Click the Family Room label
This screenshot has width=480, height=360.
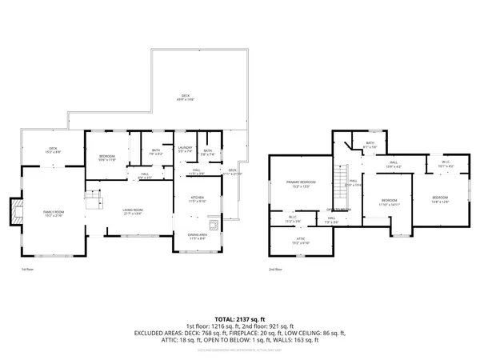click(x=54, y=212)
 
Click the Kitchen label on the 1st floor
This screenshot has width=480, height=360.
click(x=197, y=199)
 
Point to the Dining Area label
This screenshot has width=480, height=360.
click(x=197, y=236)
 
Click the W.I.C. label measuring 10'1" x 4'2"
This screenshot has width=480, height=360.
click(x=446, y=165)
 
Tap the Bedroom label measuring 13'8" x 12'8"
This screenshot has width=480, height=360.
click(x=441, y=199)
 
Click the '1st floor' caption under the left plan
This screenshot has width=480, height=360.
click(x=27, y=270)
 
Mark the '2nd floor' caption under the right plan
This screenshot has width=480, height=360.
click(x=275, y=270)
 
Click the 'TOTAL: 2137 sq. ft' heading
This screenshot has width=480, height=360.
click(x=239, y=318)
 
